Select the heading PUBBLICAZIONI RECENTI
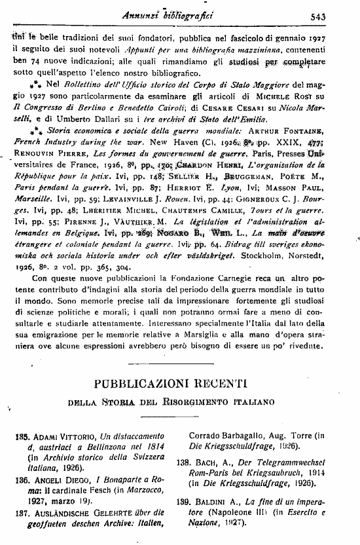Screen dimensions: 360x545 pyautogui.click(x=180, y=381)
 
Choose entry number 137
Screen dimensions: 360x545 pyautogui.click(x=24, y=514)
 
